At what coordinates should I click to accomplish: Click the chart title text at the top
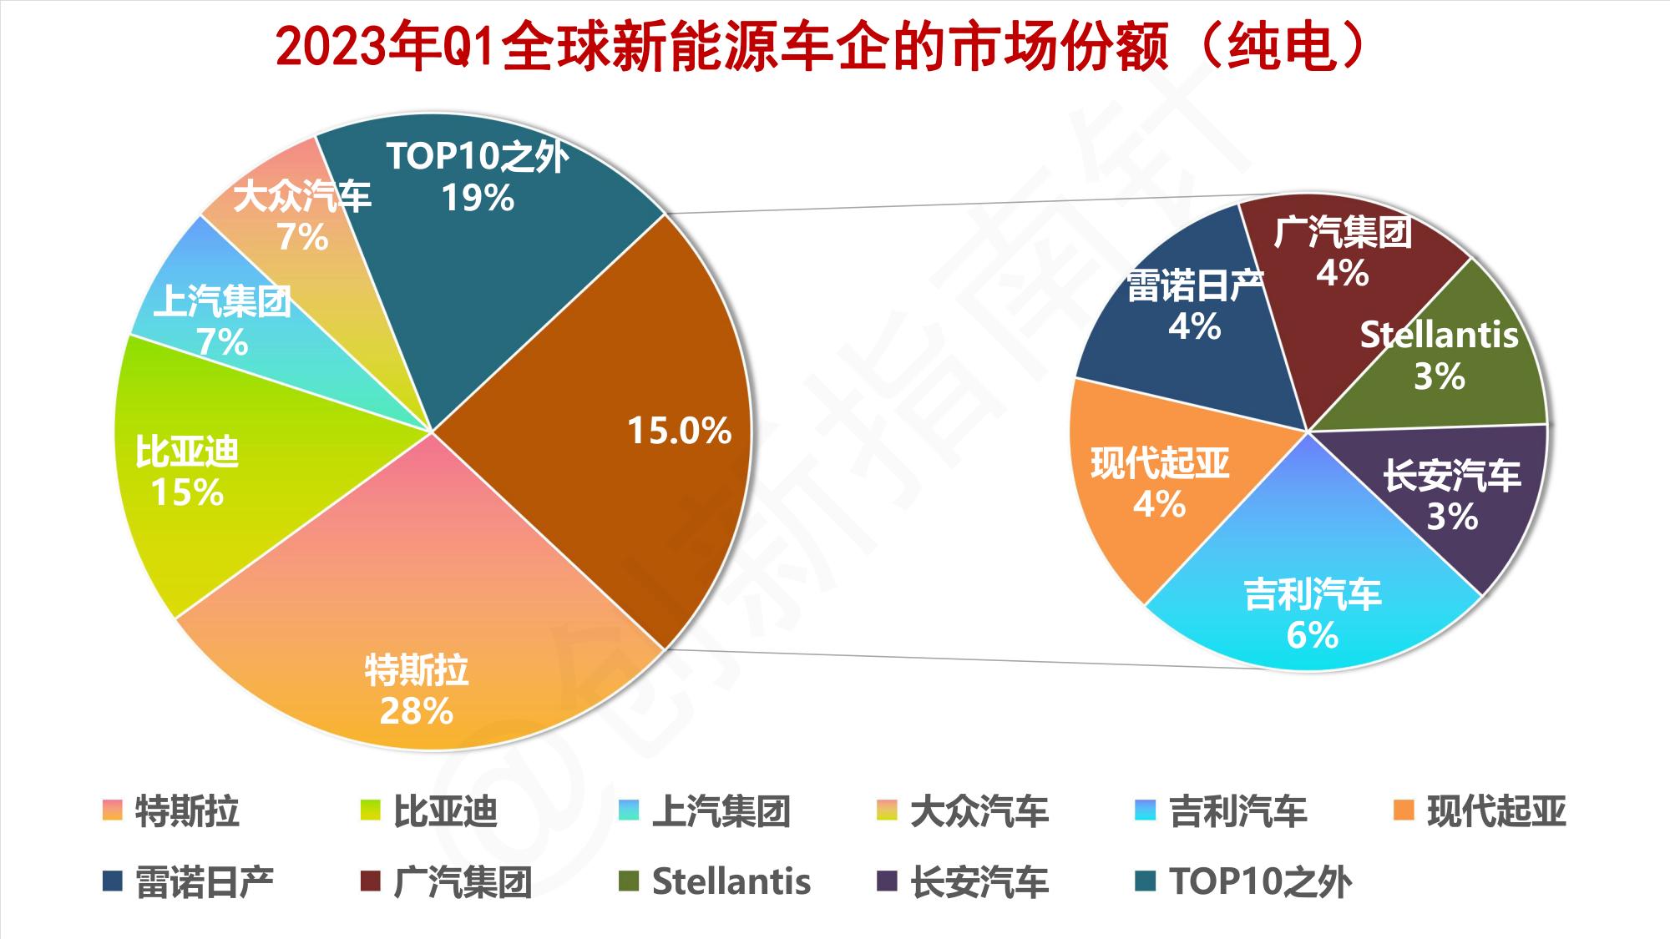click(822, 48)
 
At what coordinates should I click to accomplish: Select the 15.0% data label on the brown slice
click(679, 431)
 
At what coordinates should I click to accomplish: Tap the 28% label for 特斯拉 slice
click(416, 711)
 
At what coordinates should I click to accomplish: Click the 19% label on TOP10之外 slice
click(478, 199)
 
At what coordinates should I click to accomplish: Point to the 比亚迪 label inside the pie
click(188, 452)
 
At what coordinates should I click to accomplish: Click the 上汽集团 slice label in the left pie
click(222, 301)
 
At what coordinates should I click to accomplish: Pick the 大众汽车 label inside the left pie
click(301, 197)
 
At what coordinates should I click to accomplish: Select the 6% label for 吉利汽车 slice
click(1312, 636)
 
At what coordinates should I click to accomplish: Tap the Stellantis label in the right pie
click(1439, 335)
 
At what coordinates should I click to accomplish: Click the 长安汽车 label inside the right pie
click(1451, 476)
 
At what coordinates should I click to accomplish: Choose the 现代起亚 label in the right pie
click(1160, 463)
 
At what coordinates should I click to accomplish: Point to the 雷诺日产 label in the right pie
click(1195, 286)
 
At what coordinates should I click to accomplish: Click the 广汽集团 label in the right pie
click(1342, 233)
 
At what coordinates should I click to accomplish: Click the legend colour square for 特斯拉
click(112, 810)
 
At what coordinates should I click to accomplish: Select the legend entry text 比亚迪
click(445, 811)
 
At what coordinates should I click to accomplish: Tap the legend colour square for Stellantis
click(629, 881)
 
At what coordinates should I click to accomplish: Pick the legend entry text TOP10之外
click(1260, 882)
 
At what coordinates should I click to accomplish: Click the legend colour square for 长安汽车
click(887, 881)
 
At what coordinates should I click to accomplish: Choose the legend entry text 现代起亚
click(1496, 811)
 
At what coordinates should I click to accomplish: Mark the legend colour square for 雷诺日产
click(112, 881)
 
